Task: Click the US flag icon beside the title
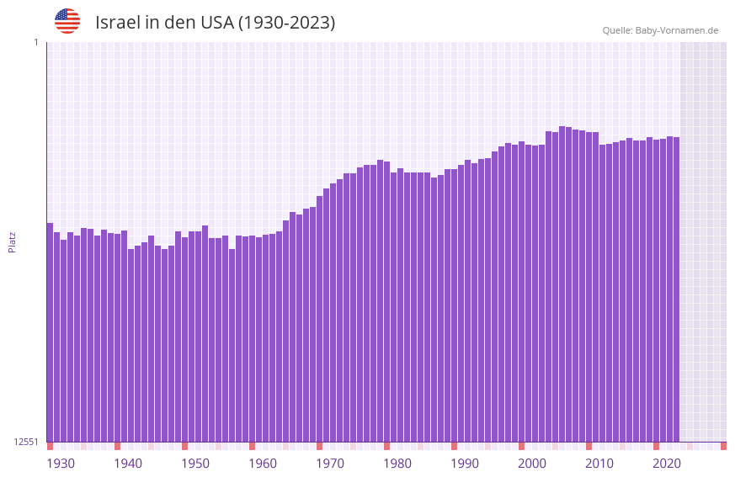point(67,21)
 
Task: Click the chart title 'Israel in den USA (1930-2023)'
point(215,23)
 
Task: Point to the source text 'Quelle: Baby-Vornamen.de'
point(660,30)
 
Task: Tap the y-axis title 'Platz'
point(12,241)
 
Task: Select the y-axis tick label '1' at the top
point(35,42)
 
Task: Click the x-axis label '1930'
point(61,464)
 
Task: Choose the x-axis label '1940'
point(128,464)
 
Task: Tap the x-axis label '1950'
point(195,464)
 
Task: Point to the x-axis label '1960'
point(263,464)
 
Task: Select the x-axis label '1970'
point(330,464)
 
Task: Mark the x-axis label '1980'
point(397,464)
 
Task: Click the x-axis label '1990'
point(465,464)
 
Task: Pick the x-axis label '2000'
point(532,464)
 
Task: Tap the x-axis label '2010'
point(599,464)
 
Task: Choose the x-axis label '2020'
point(667,464)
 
